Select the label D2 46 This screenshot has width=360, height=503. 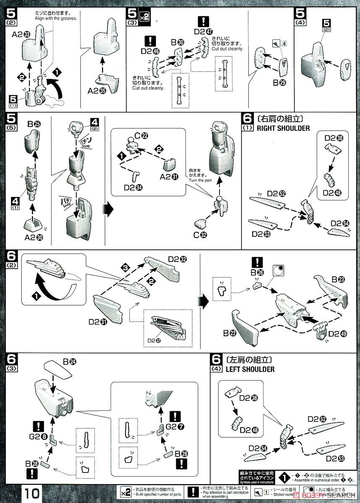150,52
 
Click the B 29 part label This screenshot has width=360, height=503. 279,83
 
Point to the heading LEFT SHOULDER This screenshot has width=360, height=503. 250,369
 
